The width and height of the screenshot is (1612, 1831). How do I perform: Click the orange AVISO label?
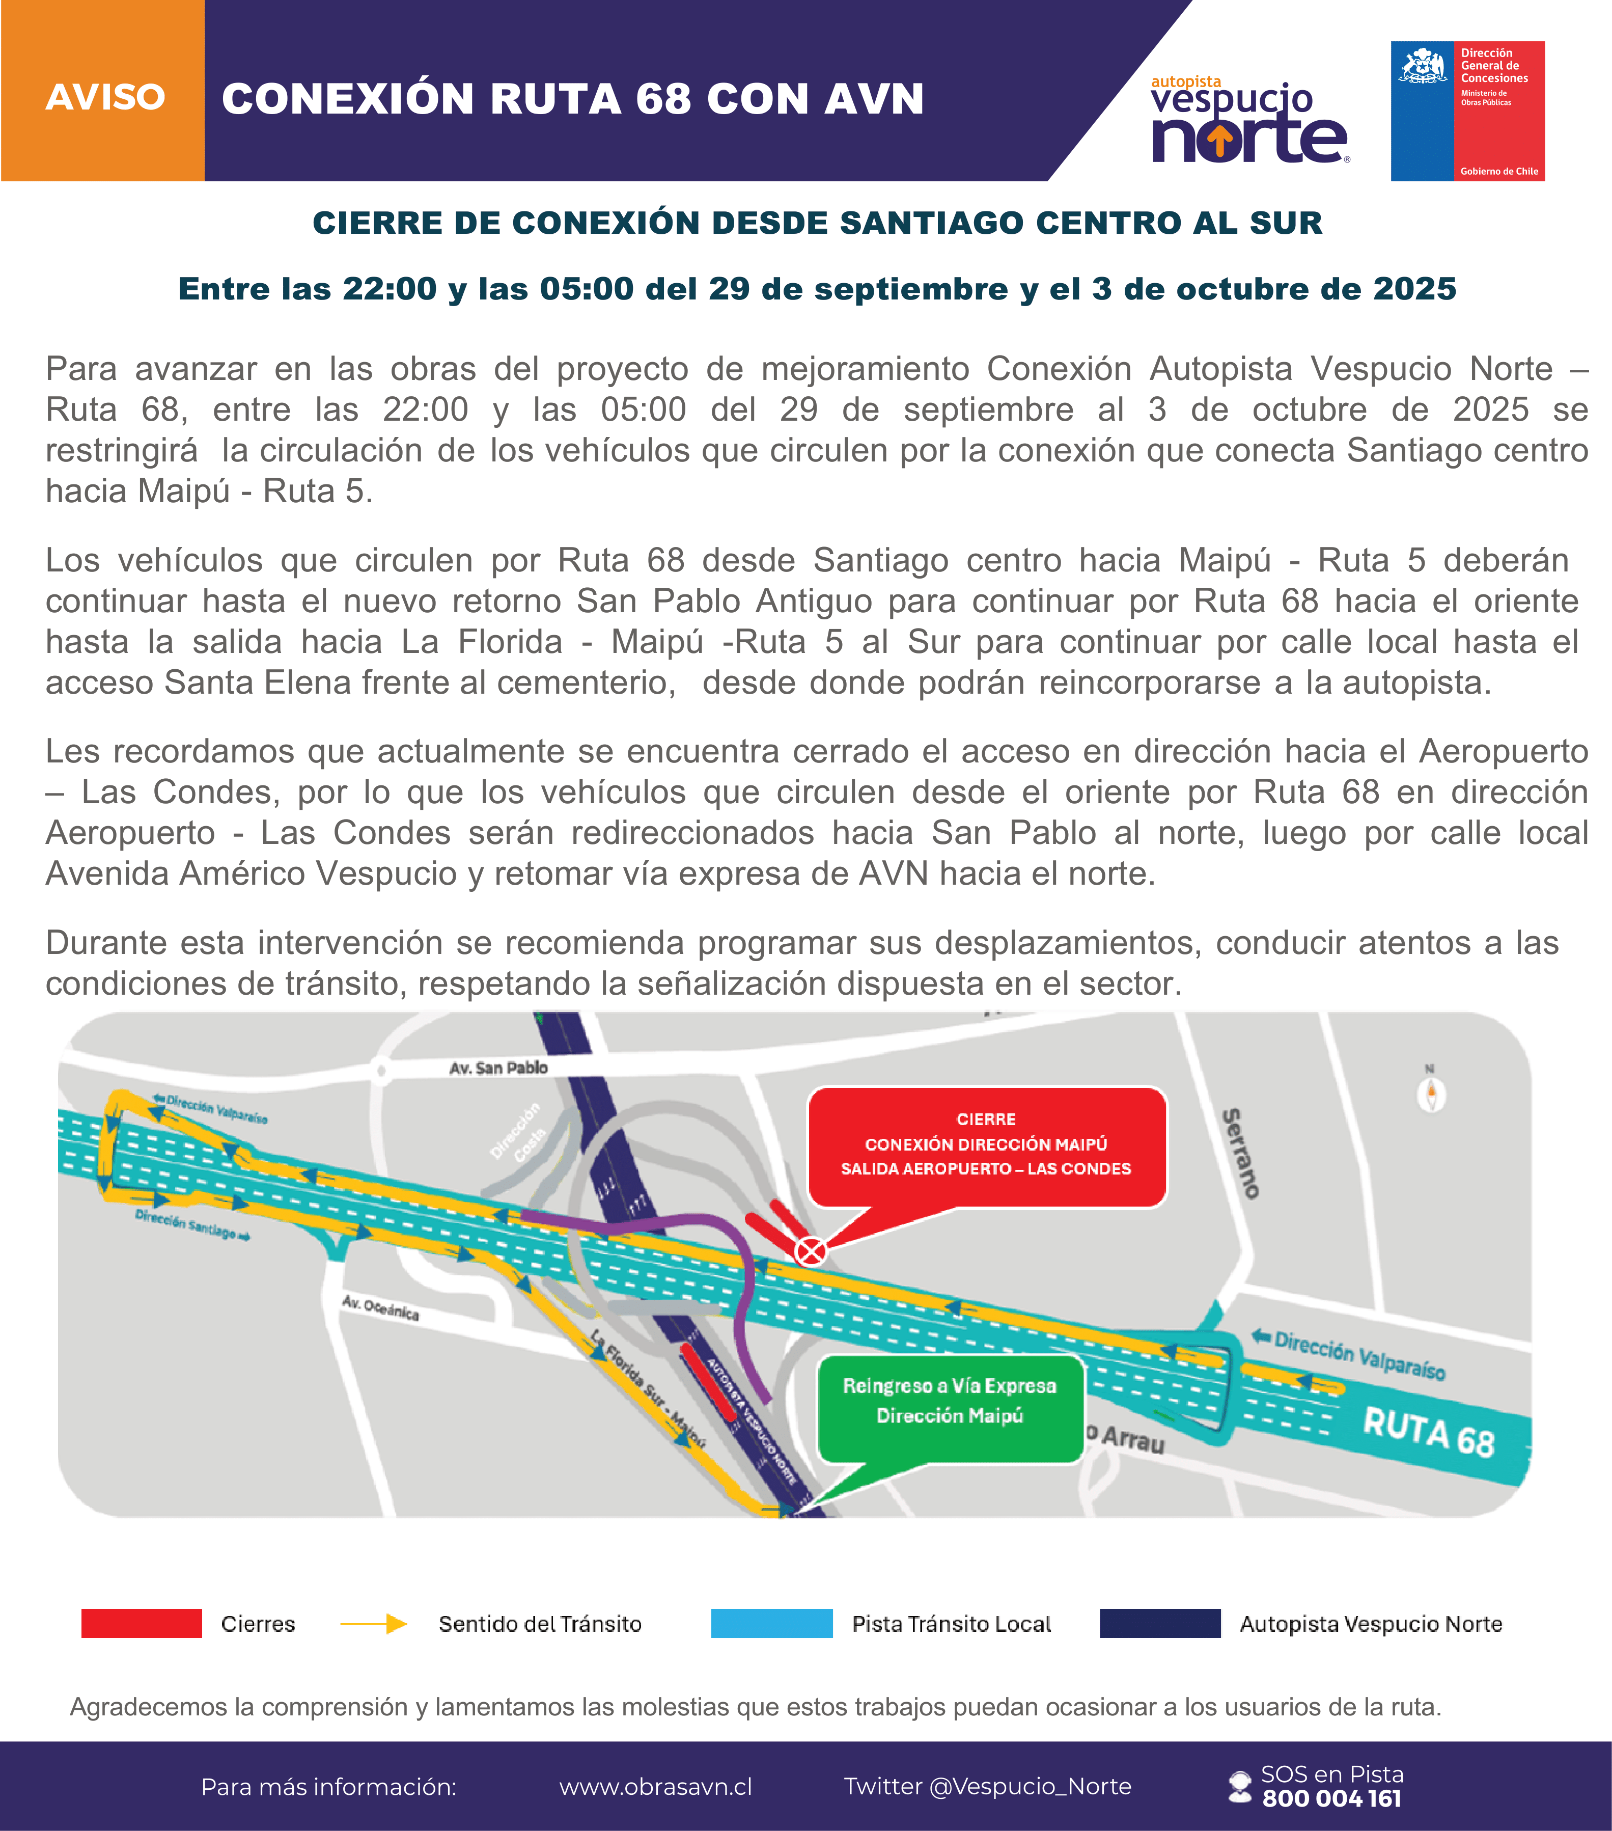(105, 97)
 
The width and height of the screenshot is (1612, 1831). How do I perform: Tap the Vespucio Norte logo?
(1249, 120)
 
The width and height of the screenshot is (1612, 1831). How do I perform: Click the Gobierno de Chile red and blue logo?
(1467, 111)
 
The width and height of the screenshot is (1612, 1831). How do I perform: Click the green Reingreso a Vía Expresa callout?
(949, 1402)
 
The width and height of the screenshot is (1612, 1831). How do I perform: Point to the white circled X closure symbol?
(811, 1250)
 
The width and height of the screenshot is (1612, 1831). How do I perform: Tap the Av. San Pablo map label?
(498, 1068)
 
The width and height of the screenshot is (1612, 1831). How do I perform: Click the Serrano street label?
(1241, 1153)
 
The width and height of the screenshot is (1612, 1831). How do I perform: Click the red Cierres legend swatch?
(142, 1623)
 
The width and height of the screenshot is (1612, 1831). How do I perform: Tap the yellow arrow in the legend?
(373, 1623)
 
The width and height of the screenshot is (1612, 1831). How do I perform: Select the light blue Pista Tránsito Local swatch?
(771, 1623)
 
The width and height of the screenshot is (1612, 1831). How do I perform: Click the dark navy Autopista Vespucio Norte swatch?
(1160, 1623)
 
